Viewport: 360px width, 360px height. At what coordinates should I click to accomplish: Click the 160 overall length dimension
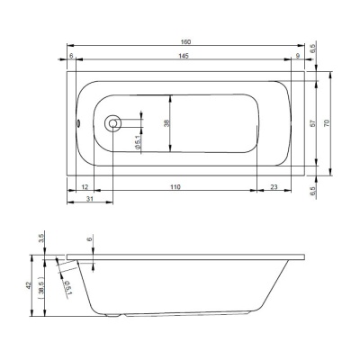click(x=186, y=41)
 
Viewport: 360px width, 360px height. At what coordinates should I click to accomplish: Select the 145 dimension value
click(x=184, y=56)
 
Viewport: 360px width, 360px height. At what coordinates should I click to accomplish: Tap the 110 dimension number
click(x=175, y=187)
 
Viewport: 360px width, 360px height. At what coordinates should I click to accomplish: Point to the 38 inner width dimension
click(x=167, y=123)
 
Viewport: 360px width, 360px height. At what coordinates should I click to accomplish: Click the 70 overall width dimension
click(x=327, y=123)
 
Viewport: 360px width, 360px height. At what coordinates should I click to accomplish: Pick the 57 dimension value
click(x=312, y=123)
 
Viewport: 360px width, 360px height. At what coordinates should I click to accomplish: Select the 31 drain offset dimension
click(x=90, y=199)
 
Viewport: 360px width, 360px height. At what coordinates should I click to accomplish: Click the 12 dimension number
click(x=85, y=187)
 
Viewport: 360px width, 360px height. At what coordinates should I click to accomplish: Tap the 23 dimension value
click(x=274, y=187)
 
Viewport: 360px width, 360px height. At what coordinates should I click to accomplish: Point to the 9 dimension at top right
click(x=298, y=56)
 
